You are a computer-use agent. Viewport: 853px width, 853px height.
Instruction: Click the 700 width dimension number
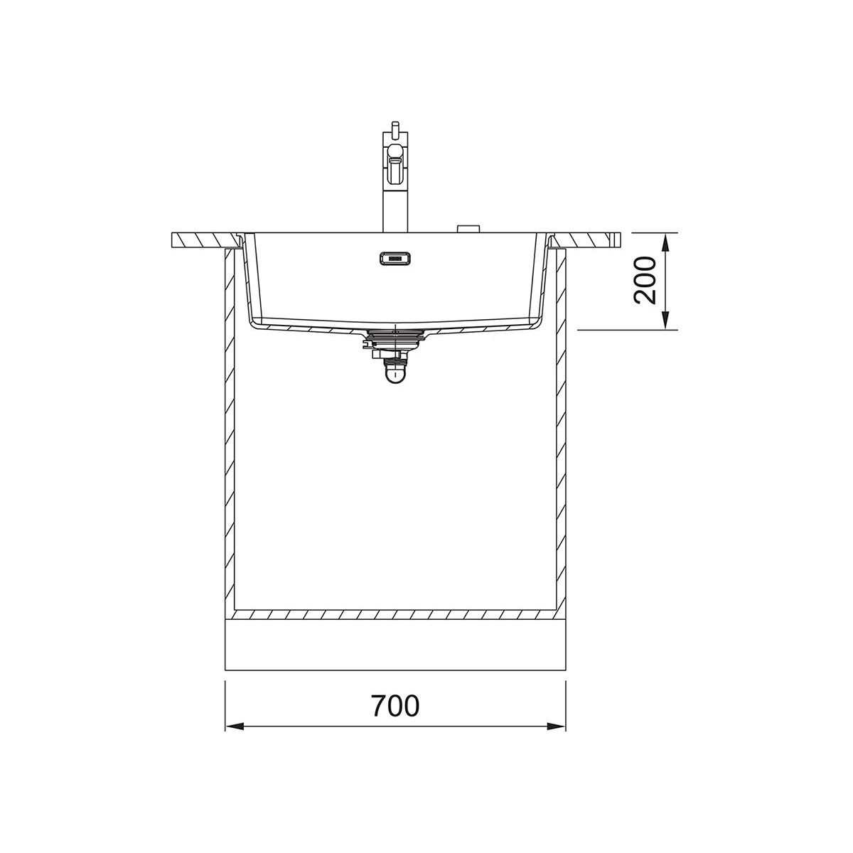pos(395,706)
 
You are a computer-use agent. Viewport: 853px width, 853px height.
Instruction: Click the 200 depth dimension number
pos(645,281)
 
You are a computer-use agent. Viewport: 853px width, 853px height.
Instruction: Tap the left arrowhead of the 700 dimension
pos(235,726)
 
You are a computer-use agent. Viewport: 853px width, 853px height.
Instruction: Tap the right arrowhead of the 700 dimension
pos(557,726)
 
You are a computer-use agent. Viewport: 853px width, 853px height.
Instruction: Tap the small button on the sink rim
pos(468,228)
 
